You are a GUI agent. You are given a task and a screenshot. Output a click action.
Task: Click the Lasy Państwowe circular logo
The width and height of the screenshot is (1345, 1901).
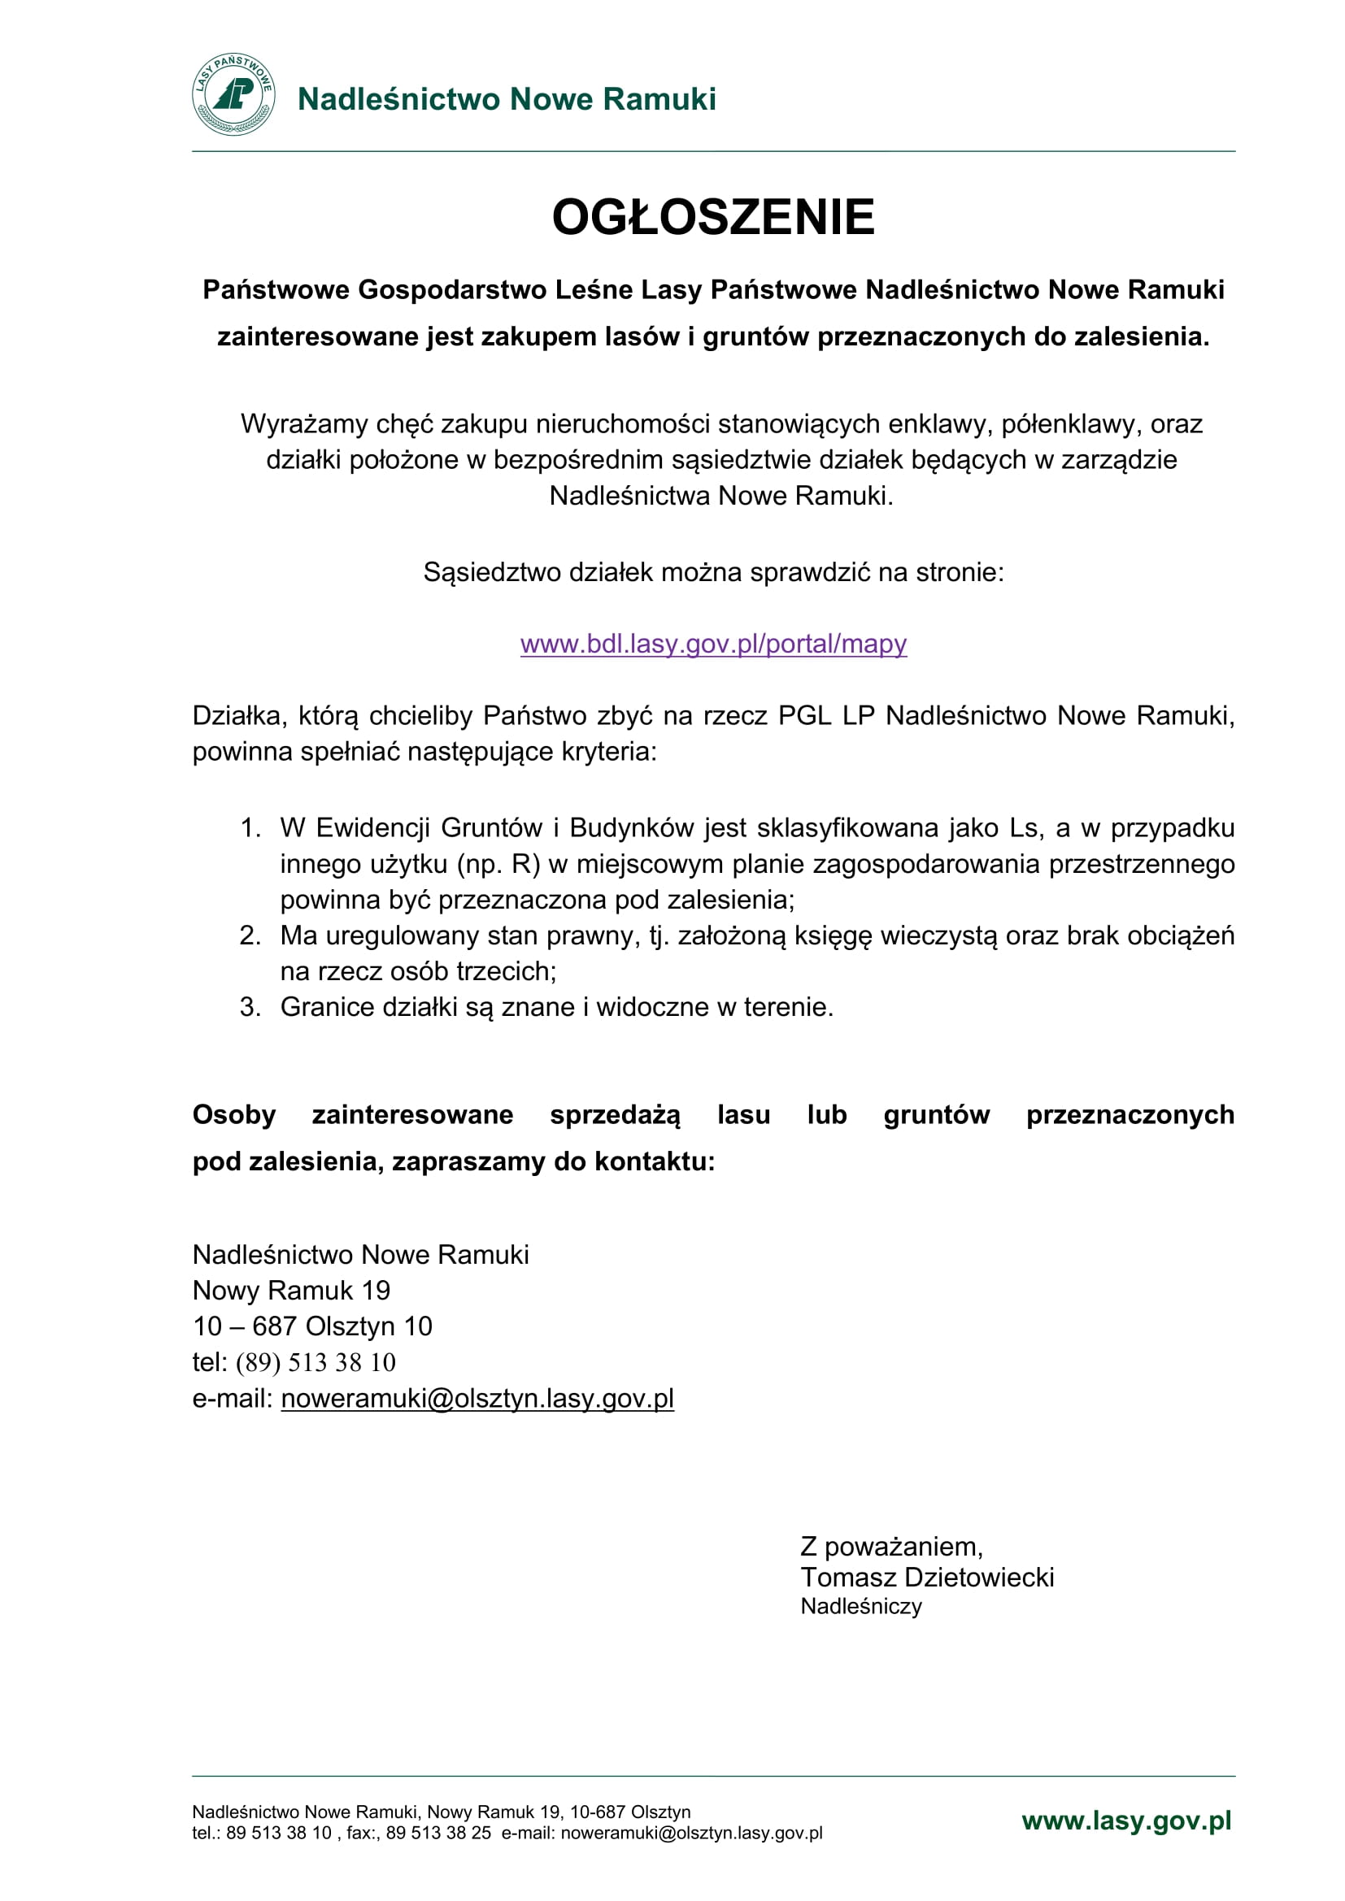(x=233, y=95)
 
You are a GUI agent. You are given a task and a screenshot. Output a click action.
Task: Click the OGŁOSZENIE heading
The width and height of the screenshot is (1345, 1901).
(x=713, y=217)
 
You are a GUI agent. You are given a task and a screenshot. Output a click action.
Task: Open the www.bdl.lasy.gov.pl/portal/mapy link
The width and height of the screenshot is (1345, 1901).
(x=713, y=644)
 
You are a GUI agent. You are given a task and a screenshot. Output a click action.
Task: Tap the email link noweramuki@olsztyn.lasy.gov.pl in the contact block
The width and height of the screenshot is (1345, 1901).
(x=477, y=1399)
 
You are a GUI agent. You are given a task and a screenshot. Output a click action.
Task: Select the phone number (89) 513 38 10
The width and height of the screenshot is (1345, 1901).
(x=316, y=1363)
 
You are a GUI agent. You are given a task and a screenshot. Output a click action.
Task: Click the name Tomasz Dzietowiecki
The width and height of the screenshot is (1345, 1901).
(x=927, y=1578)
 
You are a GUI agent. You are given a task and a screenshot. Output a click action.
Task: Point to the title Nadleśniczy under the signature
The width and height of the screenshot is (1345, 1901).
(x=860, y=1606)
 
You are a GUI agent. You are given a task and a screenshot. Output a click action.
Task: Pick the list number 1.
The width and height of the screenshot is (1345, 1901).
(x=250, y=828)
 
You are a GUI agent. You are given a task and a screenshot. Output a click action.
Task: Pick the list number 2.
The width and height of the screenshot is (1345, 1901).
(x=250, y=935)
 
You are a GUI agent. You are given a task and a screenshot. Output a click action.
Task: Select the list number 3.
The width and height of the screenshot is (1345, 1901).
(x=250, y=1007)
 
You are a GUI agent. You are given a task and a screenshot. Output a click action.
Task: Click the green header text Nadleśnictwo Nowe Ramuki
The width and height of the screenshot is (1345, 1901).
(x=506, y=99)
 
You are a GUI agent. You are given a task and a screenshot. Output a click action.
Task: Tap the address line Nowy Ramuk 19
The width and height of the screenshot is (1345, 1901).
(x=290, y=1291)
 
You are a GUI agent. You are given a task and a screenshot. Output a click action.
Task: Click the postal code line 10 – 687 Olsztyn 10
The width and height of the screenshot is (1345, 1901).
(x=312, y=1326)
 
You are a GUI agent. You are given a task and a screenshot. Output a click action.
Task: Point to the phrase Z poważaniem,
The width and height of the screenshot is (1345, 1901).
(x=891, y=1547)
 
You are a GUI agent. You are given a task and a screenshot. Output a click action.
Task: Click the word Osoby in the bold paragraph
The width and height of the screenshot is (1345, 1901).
(x=233, y=1115)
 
